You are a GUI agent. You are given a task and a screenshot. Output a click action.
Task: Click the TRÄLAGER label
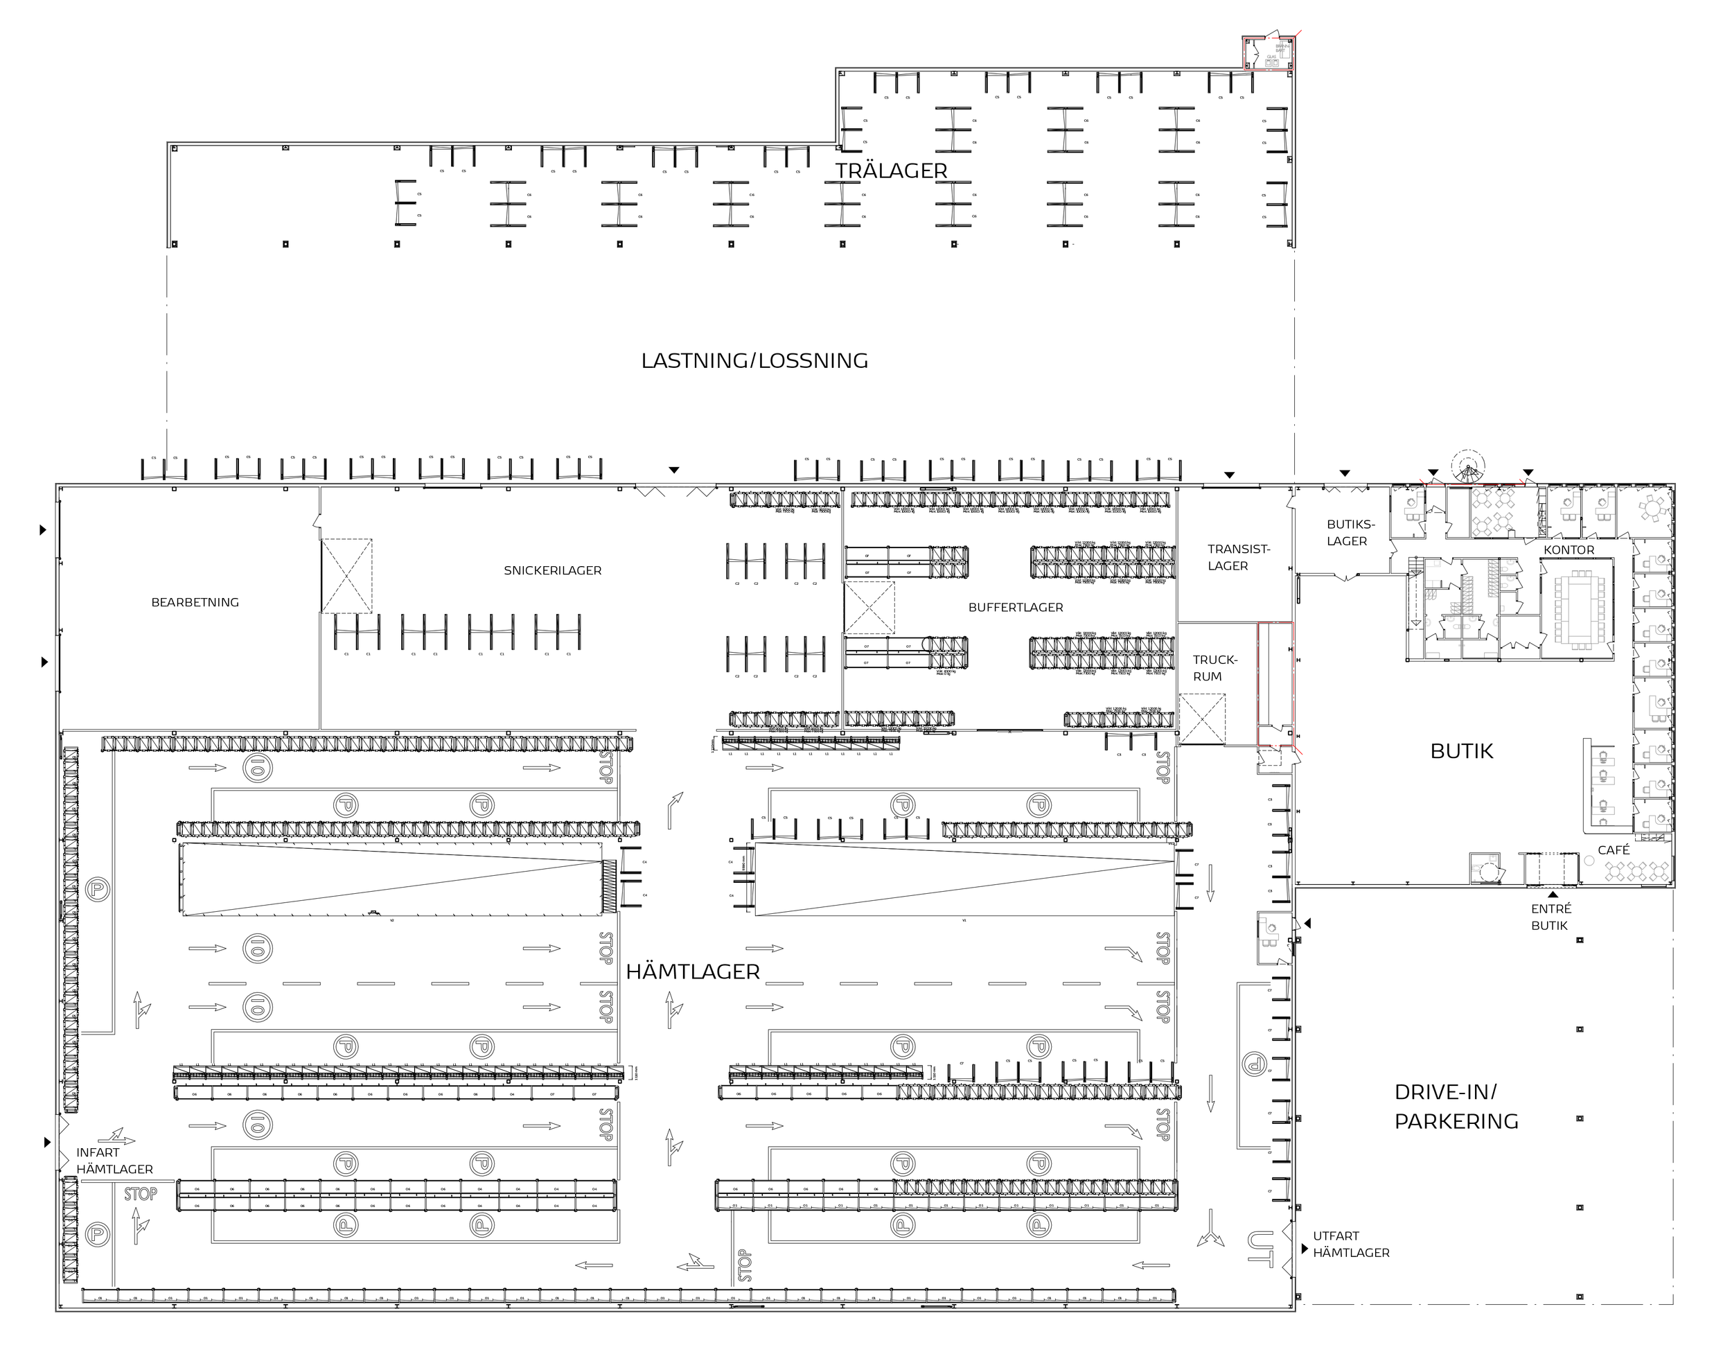pos(891,170)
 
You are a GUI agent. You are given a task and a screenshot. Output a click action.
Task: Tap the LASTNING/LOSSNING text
pos(754,361)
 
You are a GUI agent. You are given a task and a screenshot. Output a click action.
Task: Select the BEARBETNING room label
pos(195,602)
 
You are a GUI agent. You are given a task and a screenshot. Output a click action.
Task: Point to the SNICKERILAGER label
pos(552,570)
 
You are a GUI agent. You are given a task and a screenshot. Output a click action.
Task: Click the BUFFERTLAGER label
pos(1016,607)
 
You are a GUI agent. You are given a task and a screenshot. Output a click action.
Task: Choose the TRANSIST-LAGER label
pos(1238,557)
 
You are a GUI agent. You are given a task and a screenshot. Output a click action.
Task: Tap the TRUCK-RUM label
pos(1214,668)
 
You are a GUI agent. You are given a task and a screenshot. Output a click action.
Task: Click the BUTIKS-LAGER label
pos(1351,532)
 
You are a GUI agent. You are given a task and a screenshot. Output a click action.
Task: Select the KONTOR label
pos(1568,549)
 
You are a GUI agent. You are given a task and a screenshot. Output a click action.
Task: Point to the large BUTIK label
pos(1462,751)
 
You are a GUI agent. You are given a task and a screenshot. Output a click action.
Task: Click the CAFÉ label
pos(1613,850)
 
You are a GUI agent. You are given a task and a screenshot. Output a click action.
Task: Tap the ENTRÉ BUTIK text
pos(1551,917)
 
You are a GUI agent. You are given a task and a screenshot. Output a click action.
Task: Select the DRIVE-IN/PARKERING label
pos(1456,1106)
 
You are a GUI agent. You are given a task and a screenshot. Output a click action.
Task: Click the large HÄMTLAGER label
pos(693,972)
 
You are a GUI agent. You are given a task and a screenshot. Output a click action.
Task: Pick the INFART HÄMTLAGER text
pos(114,1160)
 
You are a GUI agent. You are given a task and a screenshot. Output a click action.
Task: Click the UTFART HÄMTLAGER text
pos(1351,1244)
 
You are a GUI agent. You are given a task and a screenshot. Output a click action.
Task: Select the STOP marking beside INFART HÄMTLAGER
pos(141,1194)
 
